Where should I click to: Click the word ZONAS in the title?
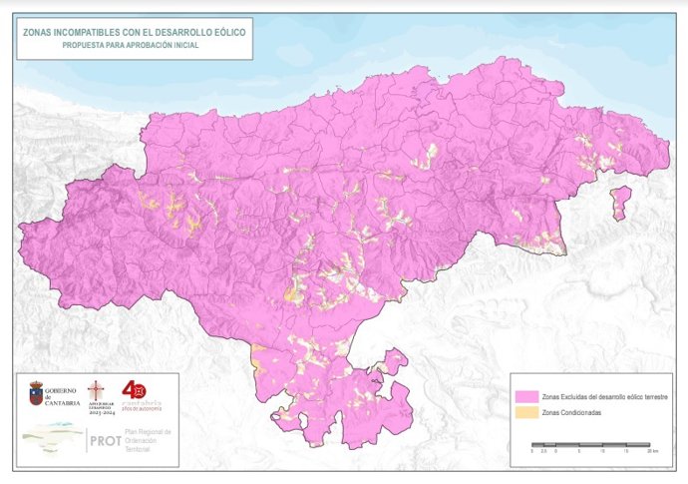pyautogui.click(x=39, y=32)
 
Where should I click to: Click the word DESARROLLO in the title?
pyautogui.click(x=184, y=32)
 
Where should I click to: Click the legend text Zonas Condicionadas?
pyautogui.click(x=570, y=412)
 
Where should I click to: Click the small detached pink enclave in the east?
pyautogui.click(x=621, y=200)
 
